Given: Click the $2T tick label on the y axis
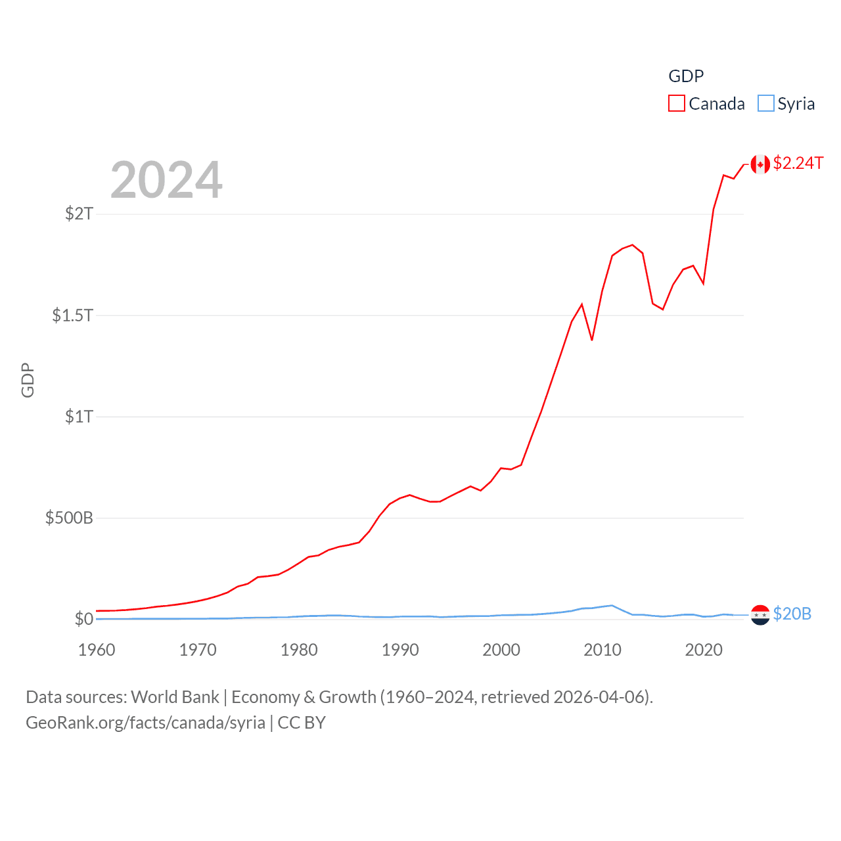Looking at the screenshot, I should point(79,214).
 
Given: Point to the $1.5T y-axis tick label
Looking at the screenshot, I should point(72,315).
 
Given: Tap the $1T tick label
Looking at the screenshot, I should point(79,417).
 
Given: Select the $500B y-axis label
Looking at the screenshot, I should point(69,518).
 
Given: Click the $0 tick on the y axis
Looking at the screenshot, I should point(83,619).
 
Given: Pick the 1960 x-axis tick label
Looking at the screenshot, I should point(97,650).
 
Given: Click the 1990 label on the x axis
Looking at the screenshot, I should point(400,650).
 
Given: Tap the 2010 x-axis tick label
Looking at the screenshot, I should point(602,650).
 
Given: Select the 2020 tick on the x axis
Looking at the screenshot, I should point(704,650).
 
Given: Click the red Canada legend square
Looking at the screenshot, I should point(677,104).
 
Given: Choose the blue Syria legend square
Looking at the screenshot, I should point(766,104).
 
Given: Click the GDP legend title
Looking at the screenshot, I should point(686,76).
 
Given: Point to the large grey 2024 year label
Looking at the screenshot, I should point(166,180).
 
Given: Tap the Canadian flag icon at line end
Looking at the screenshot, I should point(760,164).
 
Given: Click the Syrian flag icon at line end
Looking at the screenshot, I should point(760,615).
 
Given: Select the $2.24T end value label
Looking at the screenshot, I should point(798,163).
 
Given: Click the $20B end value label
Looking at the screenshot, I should point(792,614).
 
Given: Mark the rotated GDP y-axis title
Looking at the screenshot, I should point(28,380).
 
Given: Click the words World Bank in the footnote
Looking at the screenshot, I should point(175,697).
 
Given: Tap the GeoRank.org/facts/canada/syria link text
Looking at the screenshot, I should point(145,723).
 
